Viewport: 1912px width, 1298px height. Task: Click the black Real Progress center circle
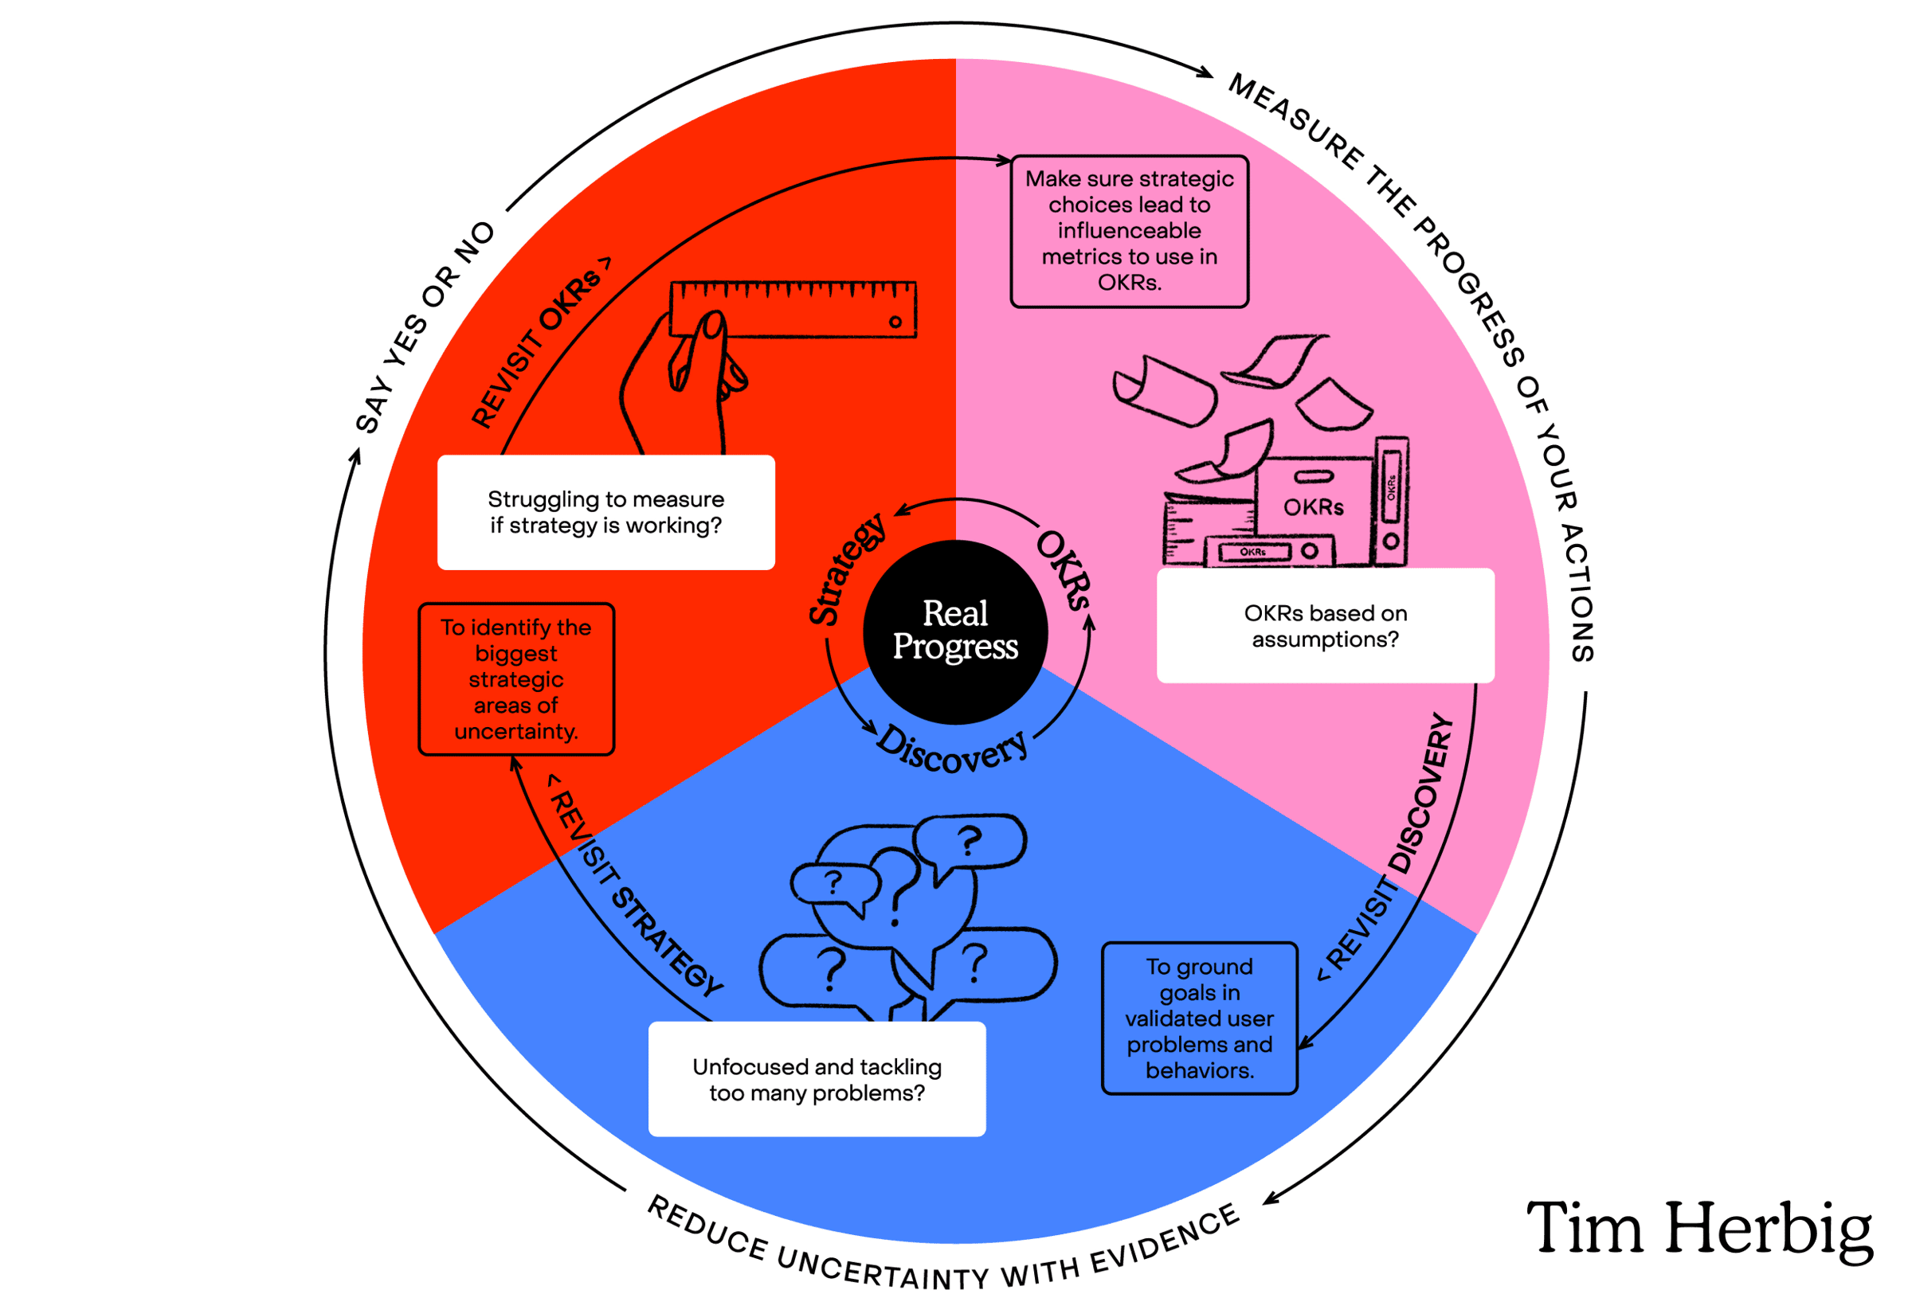pos(955,631)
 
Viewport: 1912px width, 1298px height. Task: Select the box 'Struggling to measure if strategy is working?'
pos(605,511)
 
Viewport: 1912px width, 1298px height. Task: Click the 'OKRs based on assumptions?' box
pos(1325,625)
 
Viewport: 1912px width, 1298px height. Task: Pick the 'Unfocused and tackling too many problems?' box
pos(816,1078)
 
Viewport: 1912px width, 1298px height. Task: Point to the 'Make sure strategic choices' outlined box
pos(1129,231)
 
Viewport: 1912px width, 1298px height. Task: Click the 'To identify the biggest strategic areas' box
pos(516,678)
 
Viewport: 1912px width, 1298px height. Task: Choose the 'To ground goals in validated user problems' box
pos(1199,1018)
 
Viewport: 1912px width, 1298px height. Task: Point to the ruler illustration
pos(793,308)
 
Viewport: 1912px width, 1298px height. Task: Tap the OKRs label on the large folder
pos(1313,506)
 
